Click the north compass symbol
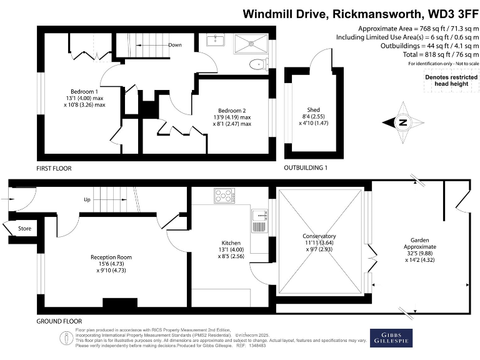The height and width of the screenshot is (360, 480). point(402,122)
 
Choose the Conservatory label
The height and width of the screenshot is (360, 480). point(319,236)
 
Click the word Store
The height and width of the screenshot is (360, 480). point(24,228)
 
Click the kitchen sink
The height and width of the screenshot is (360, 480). point(258,219)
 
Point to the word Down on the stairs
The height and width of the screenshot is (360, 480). point(175,45)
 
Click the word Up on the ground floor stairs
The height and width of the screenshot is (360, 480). point(87,200)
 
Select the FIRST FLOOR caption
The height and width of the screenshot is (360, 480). point(53,169)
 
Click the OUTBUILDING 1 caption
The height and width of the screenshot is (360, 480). point(306,169)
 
